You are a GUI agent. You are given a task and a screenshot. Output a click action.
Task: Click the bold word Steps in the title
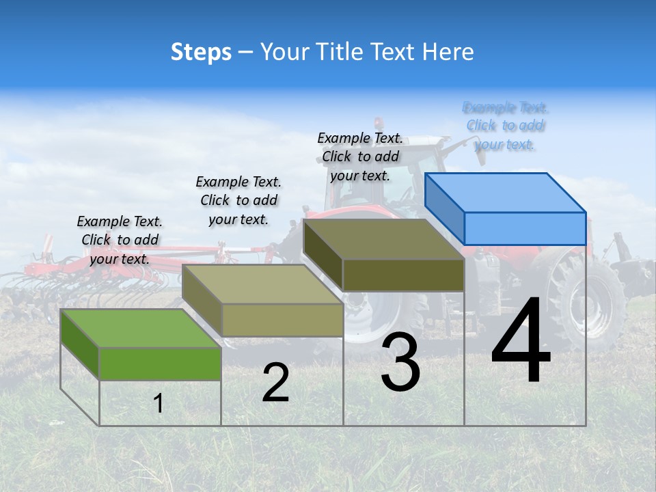tap(201, 52)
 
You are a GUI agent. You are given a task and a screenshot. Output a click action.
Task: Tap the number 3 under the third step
tap(400, 362)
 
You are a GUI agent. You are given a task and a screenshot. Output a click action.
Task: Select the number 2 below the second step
tap(275, 383)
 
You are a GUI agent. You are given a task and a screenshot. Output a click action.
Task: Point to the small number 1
tap(158, 404)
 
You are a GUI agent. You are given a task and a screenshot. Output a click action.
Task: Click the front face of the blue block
tap(525, 228)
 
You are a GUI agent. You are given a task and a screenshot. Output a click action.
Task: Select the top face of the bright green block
tap(141, 328)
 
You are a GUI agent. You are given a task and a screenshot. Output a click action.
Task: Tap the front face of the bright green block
tap(160, 364)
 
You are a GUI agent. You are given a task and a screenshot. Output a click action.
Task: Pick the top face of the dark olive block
tap(383, 239)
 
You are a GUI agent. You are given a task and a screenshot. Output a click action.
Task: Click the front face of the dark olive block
tap(403, 275)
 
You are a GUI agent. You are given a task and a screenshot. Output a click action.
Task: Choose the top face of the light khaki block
tap(262, 284)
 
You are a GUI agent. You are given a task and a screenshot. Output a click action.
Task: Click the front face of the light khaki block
tap(282, 320)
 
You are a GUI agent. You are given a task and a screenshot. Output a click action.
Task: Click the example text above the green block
tap(120, 240)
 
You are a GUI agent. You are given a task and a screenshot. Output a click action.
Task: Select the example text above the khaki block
tap(238, 200)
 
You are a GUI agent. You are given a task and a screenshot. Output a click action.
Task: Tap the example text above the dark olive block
tap(360, 156)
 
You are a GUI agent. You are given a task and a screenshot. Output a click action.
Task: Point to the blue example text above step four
tap(505, 126)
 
